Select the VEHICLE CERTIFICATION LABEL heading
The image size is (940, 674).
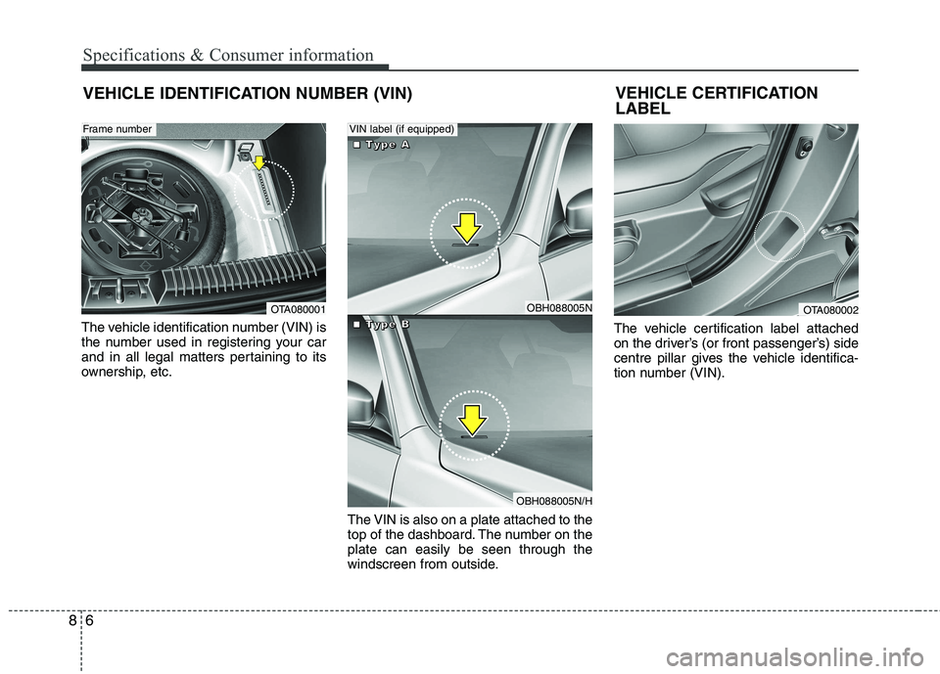coord(717,101)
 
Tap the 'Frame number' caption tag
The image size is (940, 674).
coord(117,128)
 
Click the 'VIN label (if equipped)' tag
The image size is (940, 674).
coord(402,128)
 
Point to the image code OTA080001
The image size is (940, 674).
coord(298,309)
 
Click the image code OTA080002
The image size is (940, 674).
coord(830,309)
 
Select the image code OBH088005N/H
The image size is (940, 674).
coord(554,501)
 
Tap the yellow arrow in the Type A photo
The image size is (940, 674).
coord(468,227)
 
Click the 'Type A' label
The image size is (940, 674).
coord(381,145)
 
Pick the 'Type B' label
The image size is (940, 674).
coord(381,324)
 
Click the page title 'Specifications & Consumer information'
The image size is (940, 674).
coord(228,55)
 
